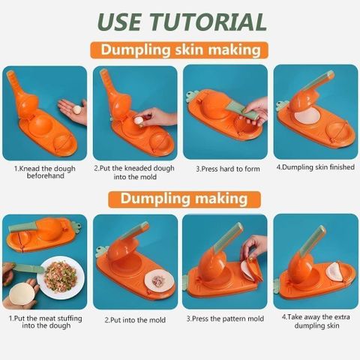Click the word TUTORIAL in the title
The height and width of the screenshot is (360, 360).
pos(208,22)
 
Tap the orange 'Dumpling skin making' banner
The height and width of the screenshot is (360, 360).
pos(179,50)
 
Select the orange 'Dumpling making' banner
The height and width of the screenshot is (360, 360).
pos(184,199)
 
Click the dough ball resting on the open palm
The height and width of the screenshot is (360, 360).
pos(77,109)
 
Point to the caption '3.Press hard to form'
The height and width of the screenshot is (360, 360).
pos(228,169)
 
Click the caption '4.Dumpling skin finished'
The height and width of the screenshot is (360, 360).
pos(316,167)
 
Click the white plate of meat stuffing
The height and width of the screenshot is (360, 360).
pos(61,277)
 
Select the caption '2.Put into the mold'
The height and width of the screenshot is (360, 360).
pos(135,320)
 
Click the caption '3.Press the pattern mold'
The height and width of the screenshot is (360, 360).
pos(225,319)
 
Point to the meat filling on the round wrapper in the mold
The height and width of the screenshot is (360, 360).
pos(158,280)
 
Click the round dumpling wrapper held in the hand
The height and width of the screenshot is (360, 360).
pos(22,295)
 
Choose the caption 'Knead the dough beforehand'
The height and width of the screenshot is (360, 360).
pos(45,172)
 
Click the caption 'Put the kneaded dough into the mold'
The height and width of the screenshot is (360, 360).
pos(134,172)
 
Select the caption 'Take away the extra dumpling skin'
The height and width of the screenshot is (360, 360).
pos(316,322)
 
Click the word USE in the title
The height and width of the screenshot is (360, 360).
pos(120,22)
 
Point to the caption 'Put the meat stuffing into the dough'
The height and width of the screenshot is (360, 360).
pos(46,322)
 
